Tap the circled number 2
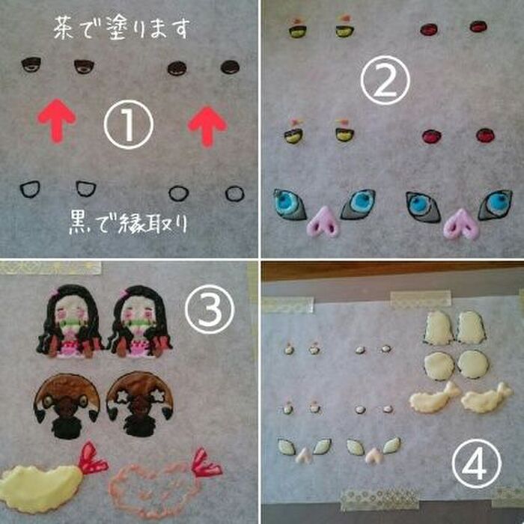[384, 82]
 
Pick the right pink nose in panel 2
[460, 224]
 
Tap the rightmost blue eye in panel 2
[494, 204]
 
